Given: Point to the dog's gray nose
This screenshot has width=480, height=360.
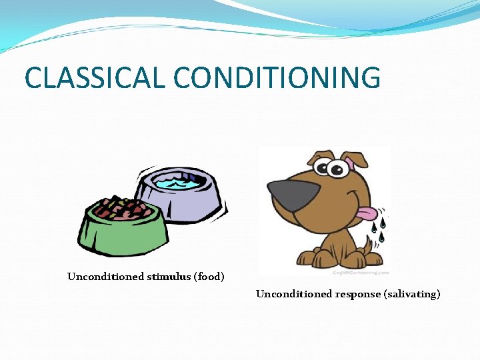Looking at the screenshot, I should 293,195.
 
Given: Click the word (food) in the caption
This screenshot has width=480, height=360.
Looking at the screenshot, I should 209,277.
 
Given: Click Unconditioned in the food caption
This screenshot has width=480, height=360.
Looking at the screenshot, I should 105,277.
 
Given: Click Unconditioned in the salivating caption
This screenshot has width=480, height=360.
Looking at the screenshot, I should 294,294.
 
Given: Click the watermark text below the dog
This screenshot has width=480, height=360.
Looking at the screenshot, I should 360,272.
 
